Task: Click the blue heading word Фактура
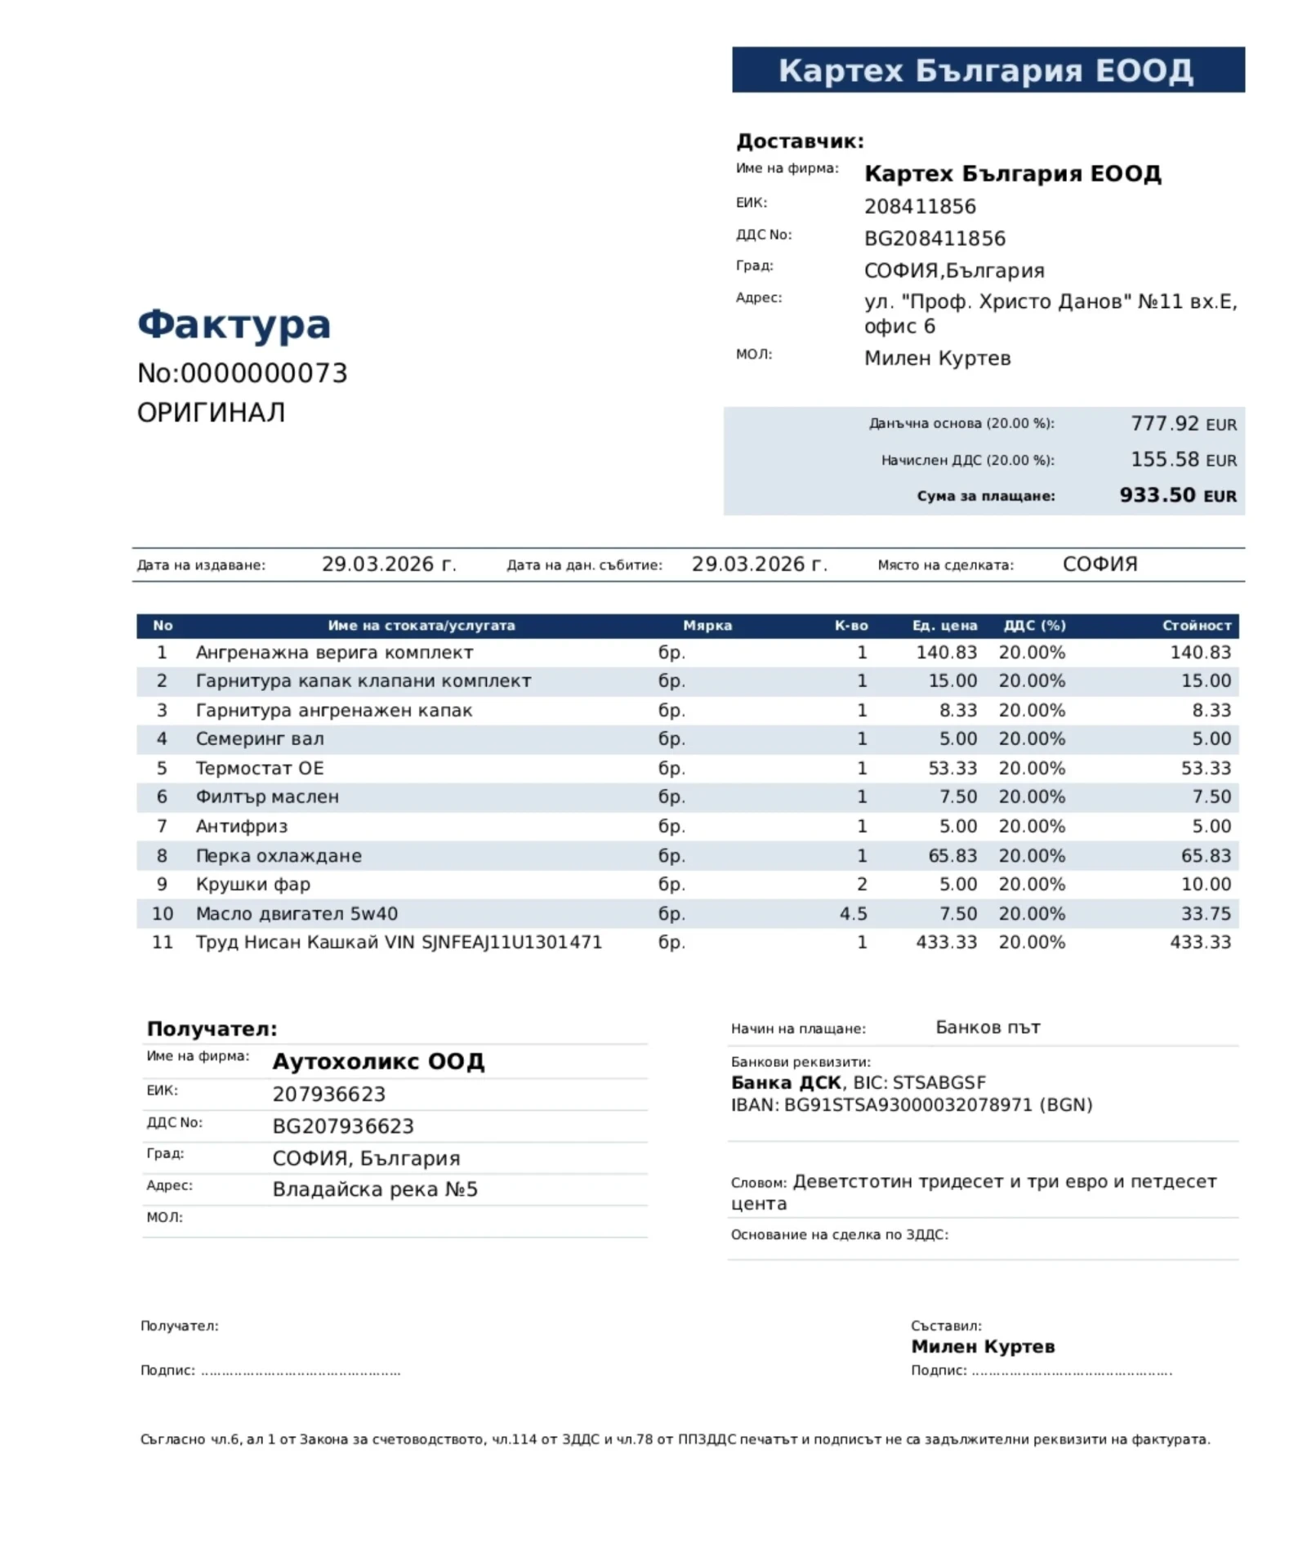point(234,324)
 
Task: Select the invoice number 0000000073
point(263,373)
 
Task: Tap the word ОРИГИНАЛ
point(211,413)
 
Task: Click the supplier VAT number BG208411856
point(935,239)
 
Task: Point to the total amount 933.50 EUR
point(1177,495)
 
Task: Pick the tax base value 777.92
point(1164,423)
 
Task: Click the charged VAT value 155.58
point(1164,459)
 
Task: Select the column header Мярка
point(707,625)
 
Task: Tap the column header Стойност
point(1196,625)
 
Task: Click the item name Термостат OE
point(259,768)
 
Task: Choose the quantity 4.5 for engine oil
point(853,913)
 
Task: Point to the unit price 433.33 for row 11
point(946,942)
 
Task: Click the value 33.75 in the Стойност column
point(1206,913)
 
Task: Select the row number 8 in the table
point(162,855)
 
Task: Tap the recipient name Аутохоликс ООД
point(378,1061)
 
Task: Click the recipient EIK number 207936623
point(328,1094)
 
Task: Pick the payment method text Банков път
point(988,1028)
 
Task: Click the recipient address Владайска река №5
point(375,1189)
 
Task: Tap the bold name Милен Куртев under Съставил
point(983,1346)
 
